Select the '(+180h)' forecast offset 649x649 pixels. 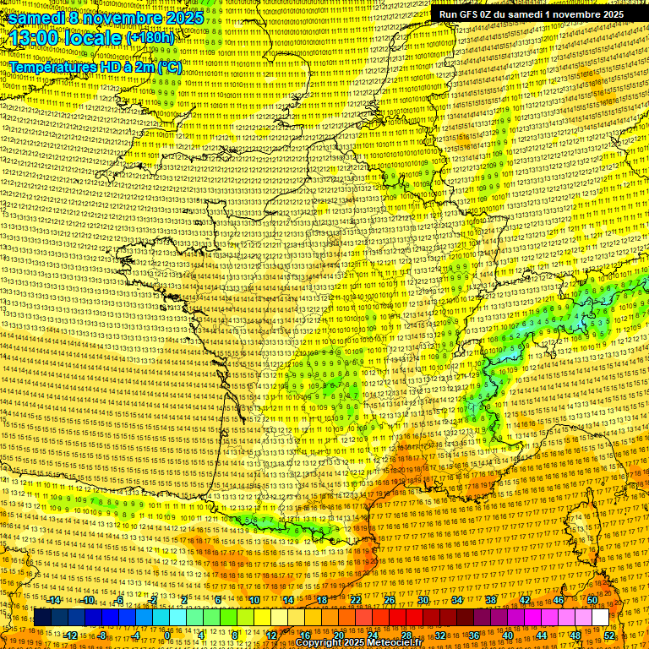click(150, 38)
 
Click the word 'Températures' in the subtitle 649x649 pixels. click(51, 66)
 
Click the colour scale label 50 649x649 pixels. click(592, 599)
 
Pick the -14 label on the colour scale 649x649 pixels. click(56, 599)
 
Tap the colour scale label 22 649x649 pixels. click(355, 599)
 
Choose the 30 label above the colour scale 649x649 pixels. click(423, 599)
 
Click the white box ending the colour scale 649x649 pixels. click(600, 618)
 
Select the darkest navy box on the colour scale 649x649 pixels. click(42, 618)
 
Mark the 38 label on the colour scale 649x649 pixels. click(490, 599)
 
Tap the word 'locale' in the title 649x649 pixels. click(93, 38)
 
